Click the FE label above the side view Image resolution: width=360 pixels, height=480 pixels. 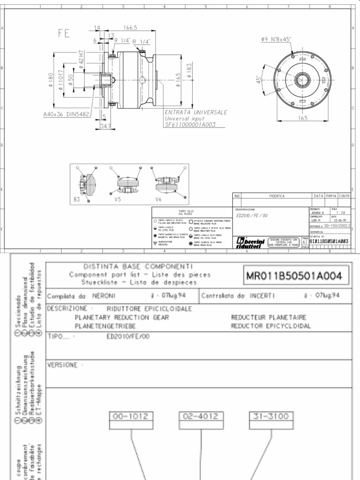click(x=64, y=33)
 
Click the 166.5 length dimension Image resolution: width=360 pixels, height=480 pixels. click(x=130, y=28)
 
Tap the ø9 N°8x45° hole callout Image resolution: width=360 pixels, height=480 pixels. click(x=277, y=40)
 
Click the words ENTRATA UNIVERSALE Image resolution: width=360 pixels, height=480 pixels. click(x=196, y=112)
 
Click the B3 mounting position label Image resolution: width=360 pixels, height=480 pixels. click(x=77, y=199)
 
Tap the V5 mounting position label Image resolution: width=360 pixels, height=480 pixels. click(x=118, y=199)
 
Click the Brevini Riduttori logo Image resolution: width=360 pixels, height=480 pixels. click(x=248, y=241)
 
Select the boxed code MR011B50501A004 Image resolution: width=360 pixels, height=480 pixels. click(x=294, y=276)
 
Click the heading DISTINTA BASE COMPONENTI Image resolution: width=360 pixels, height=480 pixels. click(x=138, y=266)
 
